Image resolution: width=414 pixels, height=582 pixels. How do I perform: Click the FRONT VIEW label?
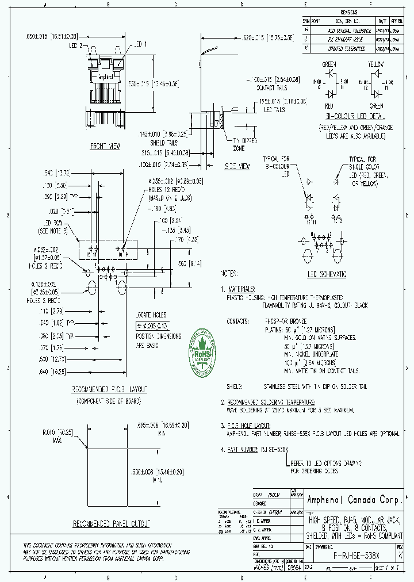(105, 147)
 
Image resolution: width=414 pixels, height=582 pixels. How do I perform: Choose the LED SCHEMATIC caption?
(327, 274)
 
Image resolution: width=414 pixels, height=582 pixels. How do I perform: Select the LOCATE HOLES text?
(151, 315)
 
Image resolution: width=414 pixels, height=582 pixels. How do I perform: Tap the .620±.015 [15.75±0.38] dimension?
(267, 37)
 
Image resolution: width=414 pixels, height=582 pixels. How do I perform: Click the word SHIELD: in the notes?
(233, 388)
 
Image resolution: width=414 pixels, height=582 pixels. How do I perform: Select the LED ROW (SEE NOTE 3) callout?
(53, 227)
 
